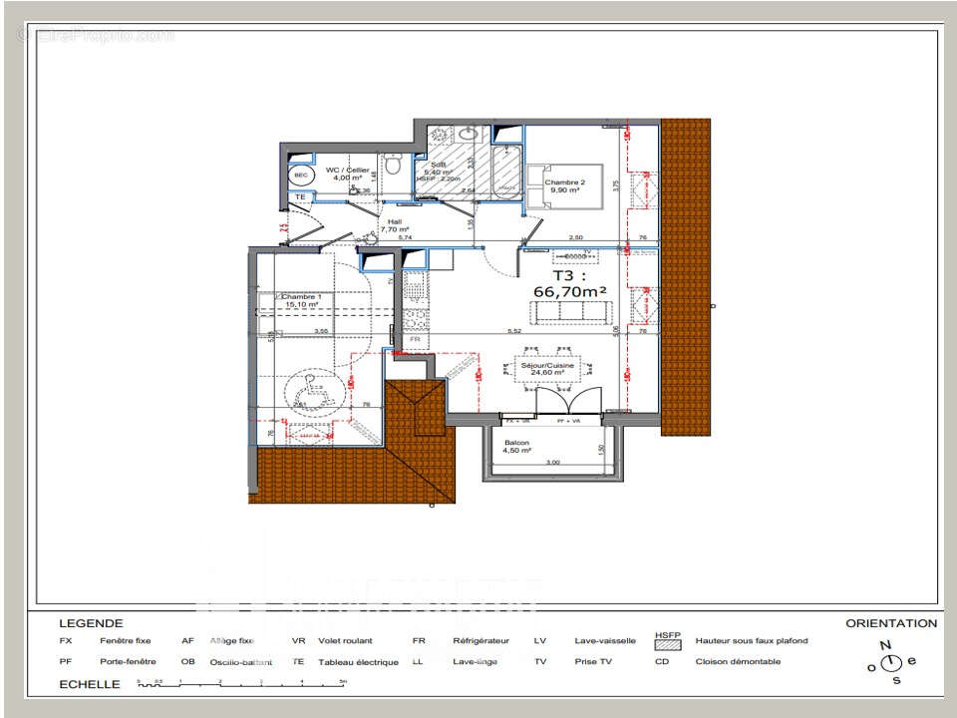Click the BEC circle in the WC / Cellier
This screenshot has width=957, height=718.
click(300, 176)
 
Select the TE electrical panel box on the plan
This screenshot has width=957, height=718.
click(299, 198)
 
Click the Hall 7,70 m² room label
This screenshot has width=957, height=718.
click(396, 226)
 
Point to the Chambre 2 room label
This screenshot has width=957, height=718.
click(563, 185)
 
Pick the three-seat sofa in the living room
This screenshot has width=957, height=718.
click(572, 312)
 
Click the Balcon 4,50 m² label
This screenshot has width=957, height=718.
click(516, 447)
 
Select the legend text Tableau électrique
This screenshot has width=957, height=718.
click(358, 662)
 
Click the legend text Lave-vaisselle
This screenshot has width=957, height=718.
click(605, 641)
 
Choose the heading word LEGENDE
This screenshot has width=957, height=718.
click(91, 623)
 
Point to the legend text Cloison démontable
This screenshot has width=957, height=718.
click(738, 661)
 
